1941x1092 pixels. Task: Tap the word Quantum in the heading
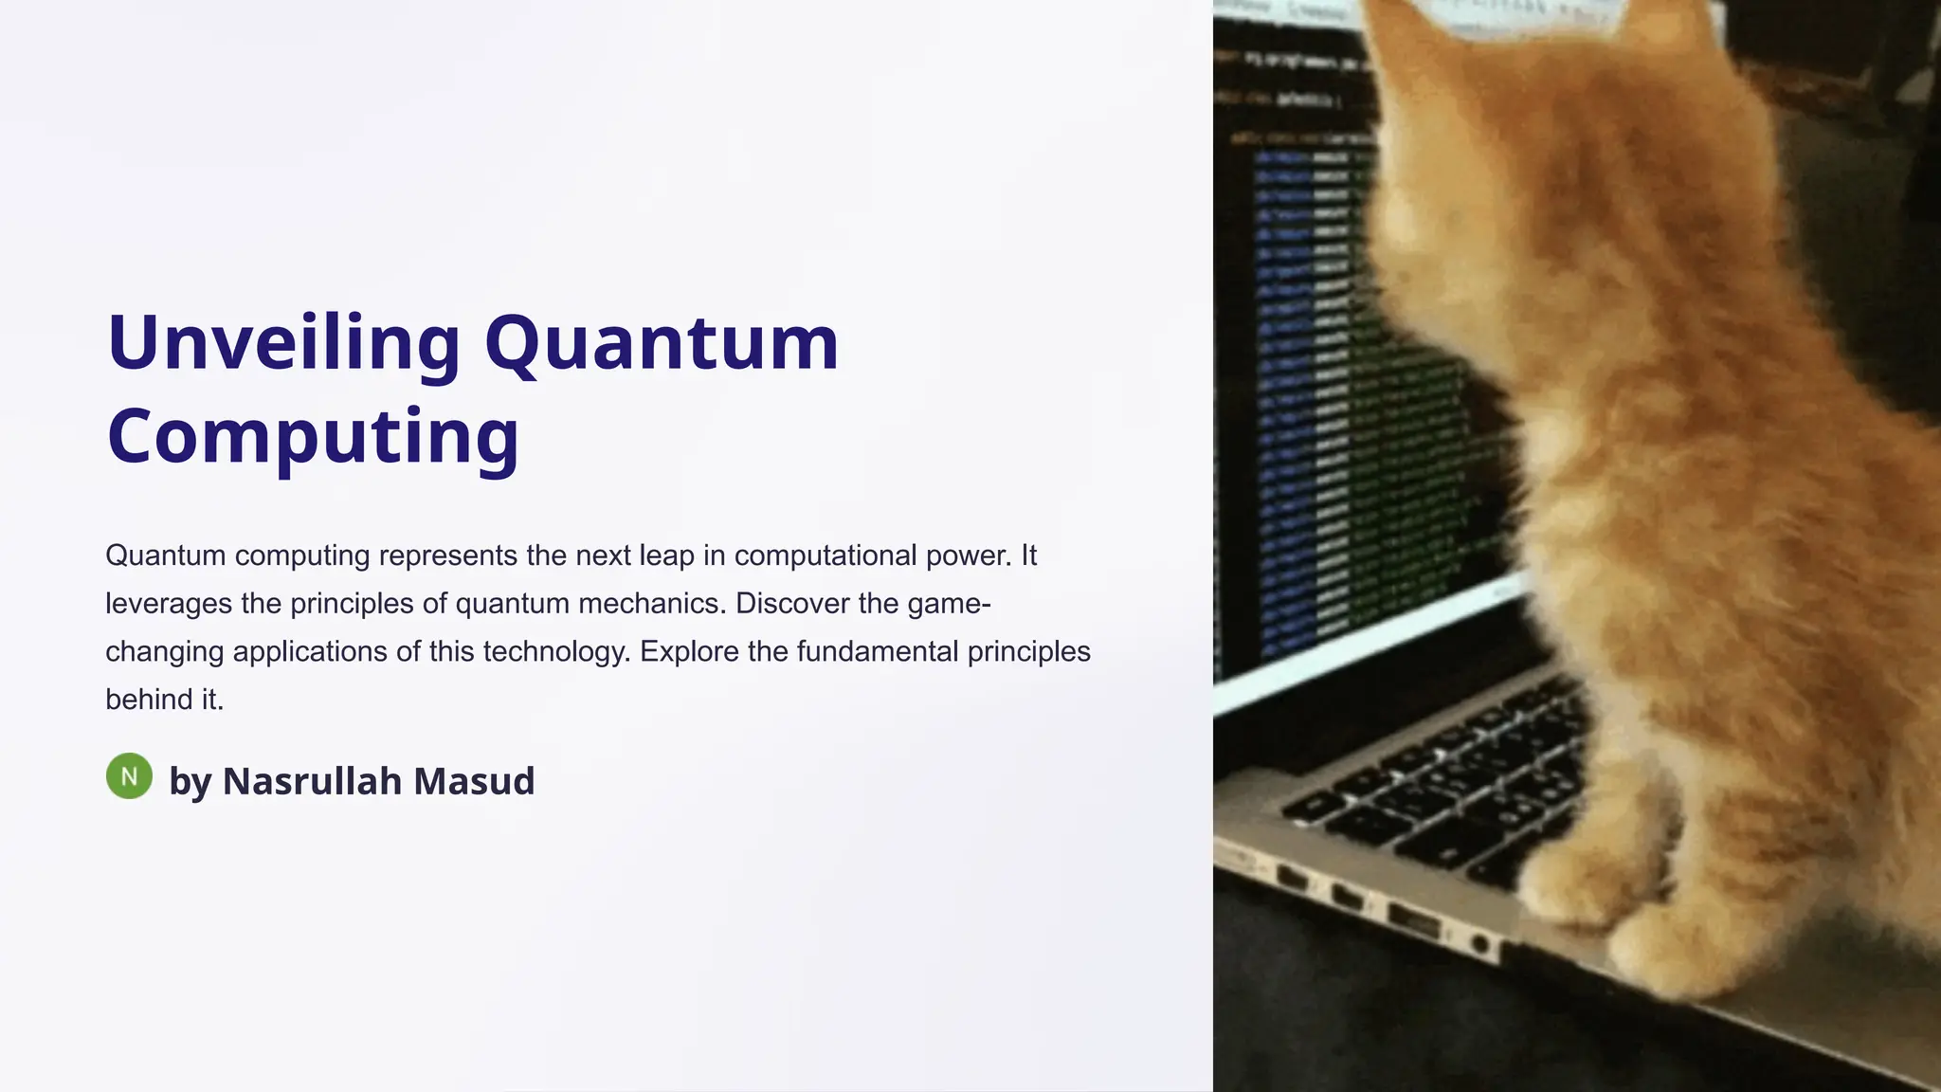(662, 343)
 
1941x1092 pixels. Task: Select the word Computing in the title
(313, 436)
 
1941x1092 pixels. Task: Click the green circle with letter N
(129, 776)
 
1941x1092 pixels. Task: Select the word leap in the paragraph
(667, 555)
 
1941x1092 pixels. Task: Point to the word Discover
(792, 604)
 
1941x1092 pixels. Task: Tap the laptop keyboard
(1441, 787)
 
